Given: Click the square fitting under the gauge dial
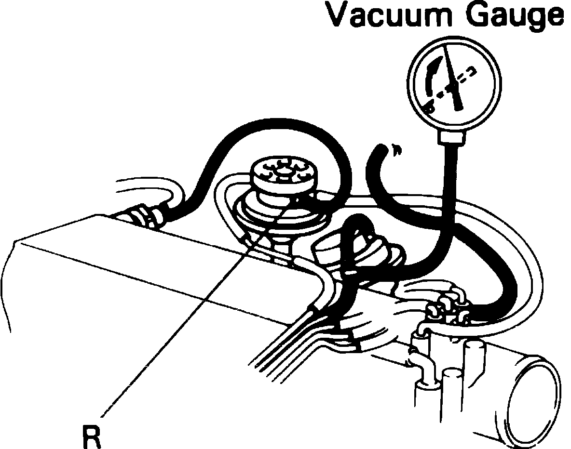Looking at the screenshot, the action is pos(451,138).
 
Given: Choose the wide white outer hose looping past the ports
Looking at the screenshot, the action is pos(530,270).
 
